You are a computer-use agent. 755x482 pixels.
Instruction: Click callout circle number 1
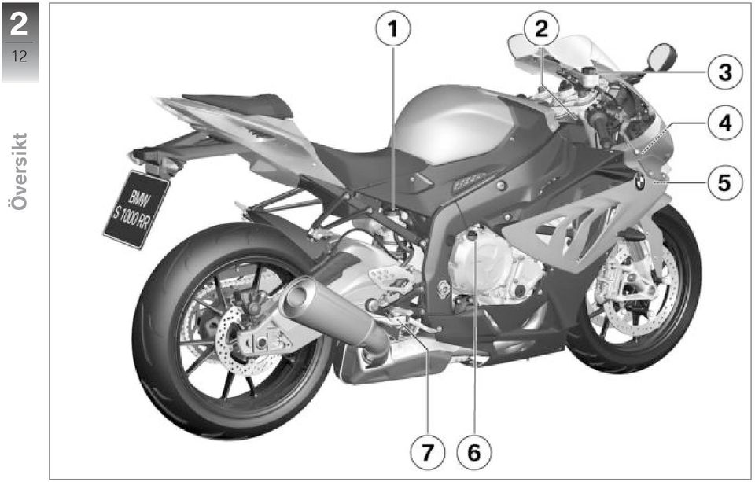click(393, 29)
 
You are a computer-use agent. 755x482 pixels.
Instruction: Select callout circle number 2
click(541, 29)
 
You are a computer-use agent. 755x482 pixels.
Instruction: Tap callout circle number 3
click(725, 72)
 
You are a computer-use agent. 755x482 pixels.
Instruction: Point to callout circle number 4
click(725, 123)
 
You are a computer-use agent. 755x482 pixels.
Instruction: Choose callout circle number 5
click(725, 183)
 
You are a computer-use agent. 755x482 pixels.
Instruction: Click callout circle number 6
click(473, 452)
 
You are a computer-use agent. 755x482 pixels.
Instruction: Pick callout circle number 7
click(427, 452)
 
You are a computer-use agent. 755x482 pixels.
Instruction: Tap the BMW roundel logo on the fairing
click(639, 182)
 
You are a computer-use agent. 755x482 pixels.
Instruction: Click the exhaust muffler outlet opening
click(297, 295)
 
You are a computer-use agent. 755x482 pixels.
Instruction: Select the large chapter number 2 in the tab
click(19, 24)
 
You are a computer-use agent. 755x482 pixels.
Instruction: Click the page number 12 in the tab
click(19, 57)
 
